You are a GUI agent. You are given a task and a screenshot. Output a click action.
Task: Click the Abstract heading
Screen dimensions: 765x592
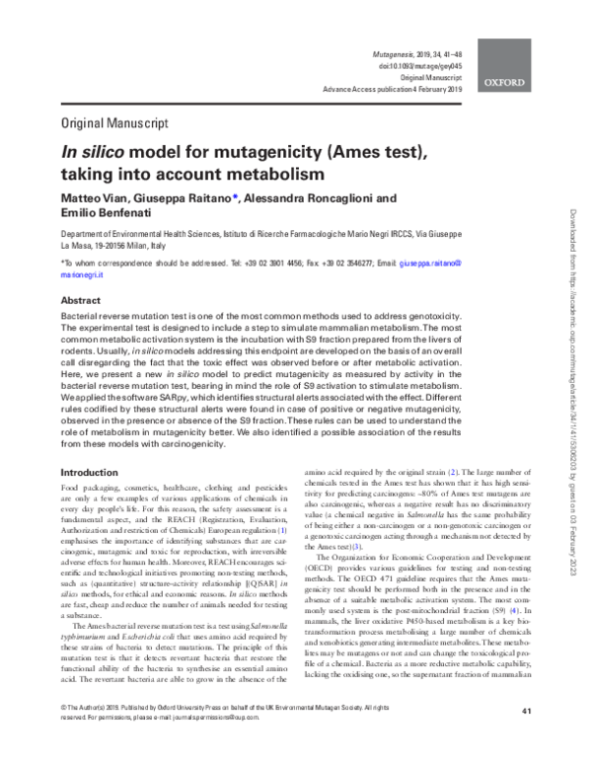tap(81, 300)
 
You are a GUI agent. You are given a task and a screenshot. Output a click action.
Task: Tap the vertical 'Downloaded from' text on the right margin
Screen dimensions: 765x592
tap(570, 296)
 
